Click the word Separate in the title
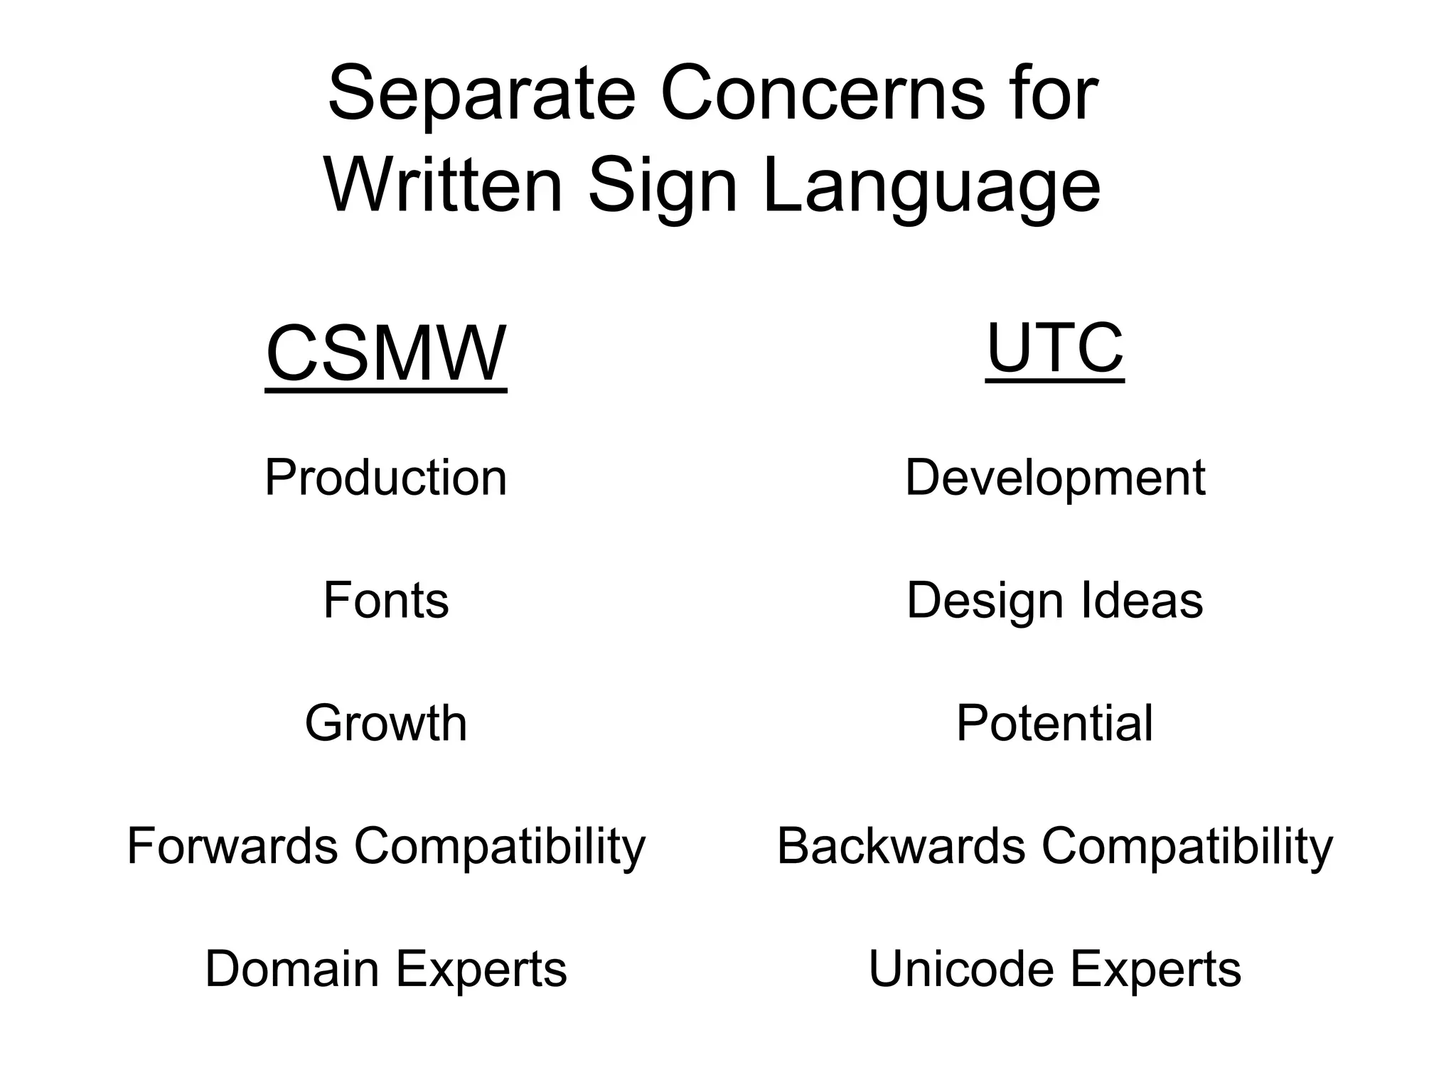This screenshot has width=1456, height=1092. point(481,94)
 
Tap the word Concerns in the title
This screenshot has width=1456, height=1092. point(823,94)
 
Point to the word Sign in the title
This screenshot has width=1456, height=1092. point(663,186)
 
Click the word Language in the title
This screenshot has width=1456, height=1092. point(931,186)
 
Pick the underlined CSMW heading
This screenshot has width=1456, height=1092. point(386,354)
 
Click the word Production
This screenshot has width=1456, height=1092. point(386,477)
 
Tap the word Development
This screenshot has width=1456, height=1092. point(1055,478)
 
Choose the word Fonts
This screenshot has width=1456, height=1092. point(386,600)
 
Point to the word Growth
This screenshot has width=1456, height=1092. point(386,723)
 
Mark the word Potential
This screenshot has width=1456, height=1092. point(1055,723)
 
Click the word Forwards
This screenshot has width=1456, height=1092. point(232,846)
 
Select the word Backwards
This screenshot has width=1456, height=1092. point(901,846)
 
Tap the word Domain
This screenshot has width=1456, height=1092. point(291,968)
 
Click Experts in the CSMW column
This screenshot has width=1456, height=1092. point(481,968)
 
